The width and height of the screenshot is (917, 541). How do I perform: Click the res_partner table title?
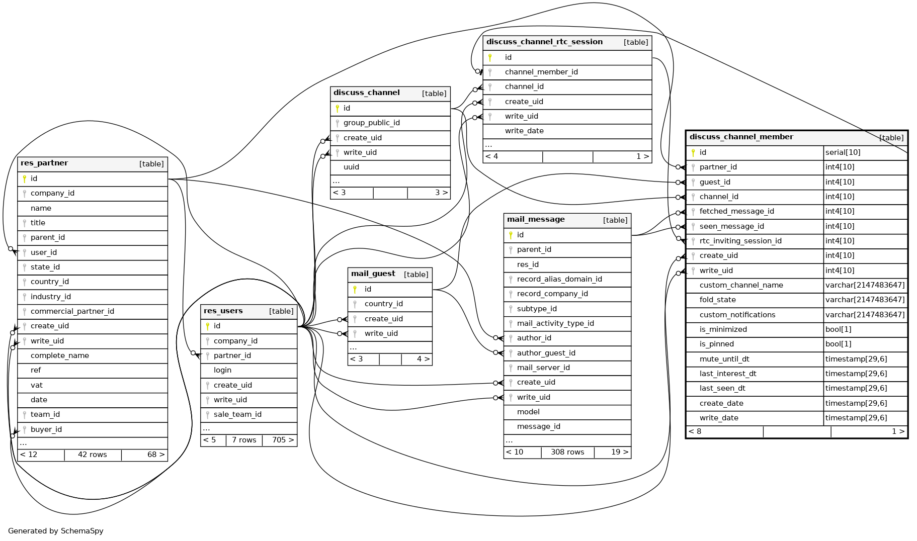(44, 163)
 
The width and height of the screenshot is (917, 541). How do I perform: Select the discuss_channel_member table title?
(741, 137)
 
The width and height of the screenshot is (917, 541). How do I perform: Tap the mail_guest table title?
(373, 274)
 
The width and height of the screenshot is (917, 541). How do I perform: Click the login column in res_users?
(222, 370)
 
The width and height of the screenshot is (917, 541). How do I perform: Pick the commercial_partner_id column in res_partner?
(72, 311)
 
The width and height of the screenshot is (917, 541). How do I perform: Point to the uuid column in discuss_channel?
(351, 167)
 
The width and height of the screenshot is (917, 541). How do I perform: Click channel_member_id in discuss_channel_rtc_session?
(541, 72)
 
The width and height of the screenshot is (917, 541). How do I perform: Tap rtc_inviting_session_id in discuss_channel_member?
(740, 241)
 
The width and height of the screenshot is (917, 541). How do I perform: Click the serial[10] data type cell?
(843, 152)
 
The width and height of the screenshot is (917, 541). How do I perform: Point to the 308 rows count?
(567, 452)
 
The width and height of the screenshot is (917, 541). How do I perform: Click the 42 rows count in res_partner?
(93, 455)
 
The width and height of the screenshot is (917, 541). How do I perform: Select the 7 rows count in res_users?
(244, 440)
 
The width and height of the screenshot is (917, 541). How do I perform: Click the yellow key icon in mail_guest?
(355, 289)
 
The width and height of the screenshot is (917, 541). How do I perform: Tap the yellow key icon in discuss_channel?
(337, 108)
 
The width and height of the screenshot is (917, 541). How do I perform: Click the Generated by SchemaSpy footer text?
(56, 531)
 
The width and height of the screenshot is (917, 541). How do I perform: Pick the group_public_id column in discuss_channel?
(371, 123)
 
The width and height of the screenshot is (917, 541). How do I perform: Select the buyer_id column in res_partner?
(46, 429)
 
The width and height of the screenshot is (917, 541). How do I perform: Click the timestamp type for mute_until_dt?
(856, 359)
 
